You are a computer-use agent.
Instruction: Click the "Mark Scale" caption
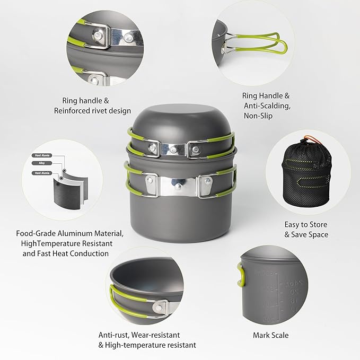pos(271,335)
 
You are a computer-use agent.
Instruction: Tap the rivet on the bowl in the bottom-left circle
pos(158,307)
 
